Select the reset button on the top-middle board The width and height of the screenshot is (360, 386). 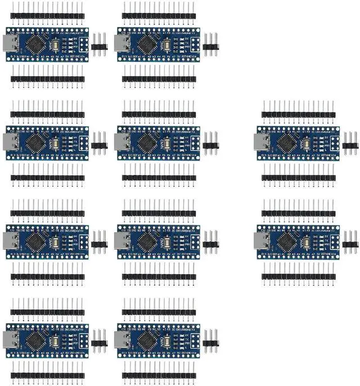point(168,43)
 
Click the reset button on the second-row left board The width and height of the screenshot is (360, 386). point(57,140)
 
